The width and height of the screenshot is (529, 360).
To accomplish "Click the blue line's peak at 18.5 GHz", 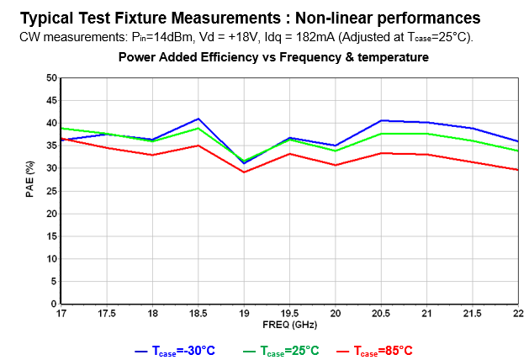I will [x=198, y=119].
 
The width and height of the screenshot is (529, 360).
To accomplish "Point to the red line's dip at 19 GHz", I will [x=244, y=172].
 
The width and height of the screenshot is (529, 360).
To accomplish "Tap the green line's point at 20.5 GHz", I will [x=381, y=134].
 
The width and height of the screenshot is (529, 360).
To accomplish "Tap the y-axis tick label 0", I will [x=53, y=304].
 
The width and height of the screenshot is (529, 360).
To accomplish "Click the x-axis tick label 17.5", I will [x=106, y=314].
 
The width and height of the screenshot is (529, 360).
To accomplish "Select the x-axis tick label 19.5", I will [x=289, y=314].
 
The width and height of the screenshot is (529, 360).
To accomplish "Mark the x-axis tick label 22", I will [x=517, y=314].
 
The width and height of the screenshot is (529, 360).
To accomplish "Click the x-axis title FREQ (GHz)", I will [x=288, y=324].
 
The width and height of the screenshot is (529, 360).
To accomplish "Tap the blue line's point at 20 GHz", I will [x=336, y=146].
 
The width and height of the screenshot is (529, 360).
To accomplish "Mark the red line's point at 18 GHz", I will [x=152, y=155].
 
